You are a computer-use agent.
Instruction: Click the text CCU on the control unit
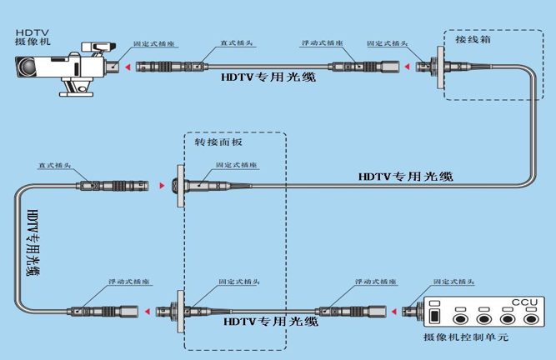[x=523, y=301]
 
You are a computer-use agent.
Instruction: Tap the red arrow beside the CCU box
[x=400, y=312]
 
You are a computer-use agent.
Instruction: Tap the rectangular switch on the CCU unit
[x=434, y=317]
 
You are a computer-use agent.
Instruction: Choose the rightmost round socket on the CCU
[x=530, y=317]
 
